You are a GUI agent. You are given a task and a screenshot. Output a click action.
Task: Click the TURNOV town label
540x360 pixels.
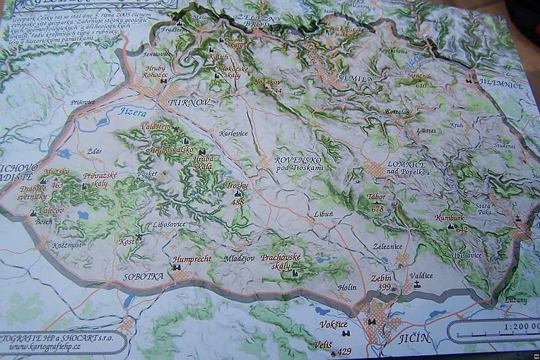point(188,102)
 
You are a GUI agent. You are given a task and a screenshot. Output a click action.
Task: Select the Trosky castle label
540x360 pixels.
point(237,185)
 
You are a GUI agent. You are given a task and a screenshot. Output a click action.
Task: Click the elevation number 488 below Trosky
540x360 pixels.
point(238,201)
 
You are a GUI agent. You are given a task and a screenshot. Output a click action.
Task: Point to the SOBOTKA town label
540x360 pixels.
point(143,276)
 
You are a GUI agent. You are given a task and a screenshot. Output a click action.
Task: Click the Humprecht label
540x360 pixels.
point(192,258)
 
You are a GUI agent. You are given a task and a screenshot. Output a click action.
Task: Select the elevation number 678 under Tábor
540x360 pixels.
point(377,209)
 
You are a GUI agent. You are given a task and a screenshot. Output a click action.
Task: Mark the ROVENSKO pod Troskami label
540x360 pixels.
point(299,163)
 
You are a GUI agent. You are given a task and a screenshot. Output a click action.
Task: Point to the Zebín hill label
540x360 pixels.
point(381,278)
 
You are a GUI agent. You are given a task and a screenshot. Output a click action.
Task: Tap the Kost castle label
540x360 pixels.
point(126,240)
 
